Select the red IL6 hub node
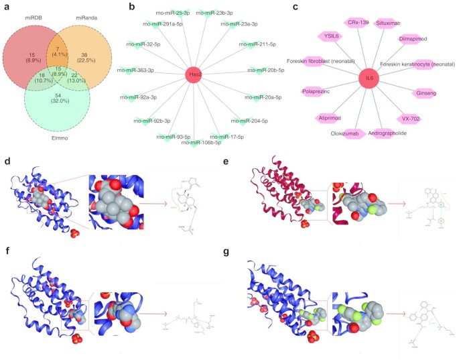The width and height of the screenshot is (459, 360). [370, 78]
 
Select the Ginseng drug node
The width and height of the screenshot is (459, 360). [423, 93]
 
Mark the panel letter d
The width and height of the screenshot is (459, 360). [7, 162]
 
